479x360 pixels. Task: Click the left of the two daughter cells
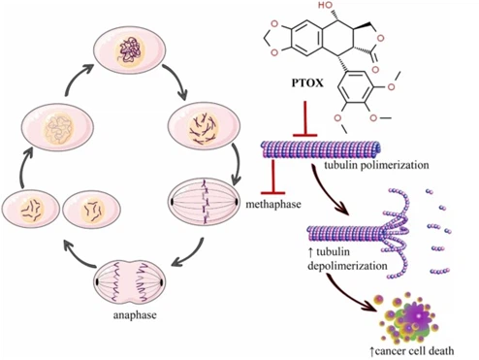(31, 212)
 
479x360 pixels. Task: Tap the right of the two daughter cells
(89, 212)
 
